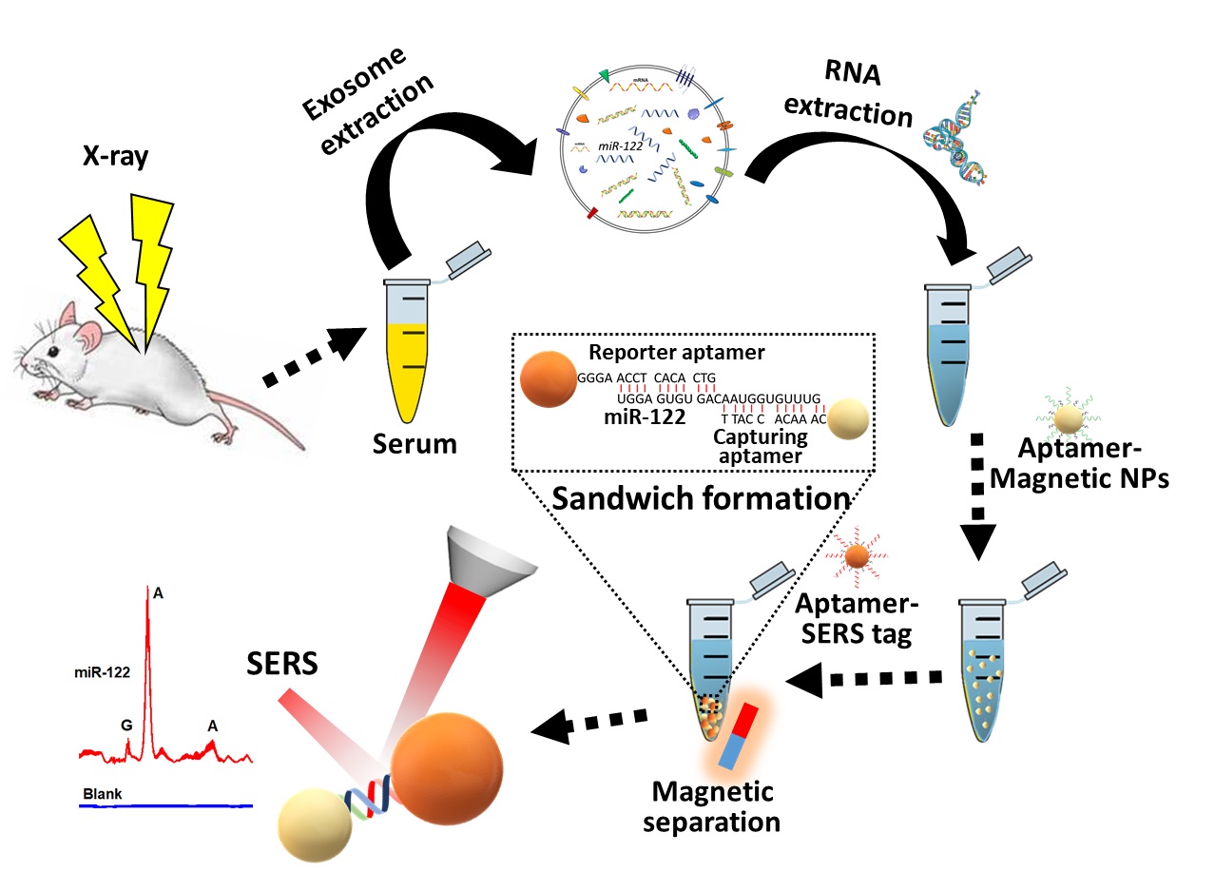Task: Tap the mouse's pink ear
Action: pos(89,334)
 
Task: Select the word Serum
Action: pos(414,444)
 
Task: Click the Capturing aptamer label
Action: pos(761,447)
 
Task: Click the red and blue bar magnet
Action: pos(739,735)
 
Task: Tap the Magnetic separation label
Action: pos(710,806)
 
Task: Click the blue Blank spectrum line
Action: pos(166,805)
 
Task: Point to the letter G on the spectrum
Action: pos(126,725)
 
